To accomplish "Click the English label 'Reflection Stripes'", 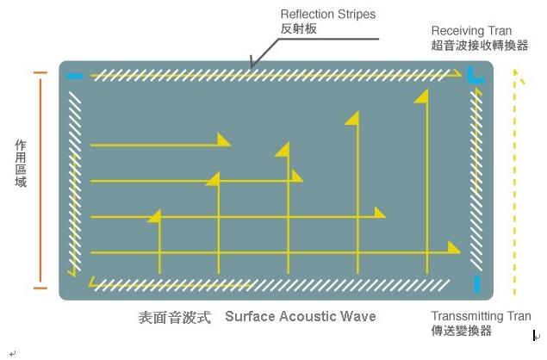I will (328, 15).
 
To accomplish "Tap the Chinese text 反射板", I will (298, 28).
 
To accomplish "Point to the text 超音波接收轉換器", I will (479, 45).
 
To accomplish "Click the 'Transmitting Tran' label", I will (481, 316).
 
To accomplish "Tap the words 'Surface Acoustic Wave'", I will (301, 316).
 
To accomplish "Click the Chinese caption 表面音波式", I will (174, 317).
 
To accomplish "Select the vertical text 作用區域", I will (21, 164).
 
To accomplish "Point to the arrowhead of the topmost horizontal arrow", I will (225, 140).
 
